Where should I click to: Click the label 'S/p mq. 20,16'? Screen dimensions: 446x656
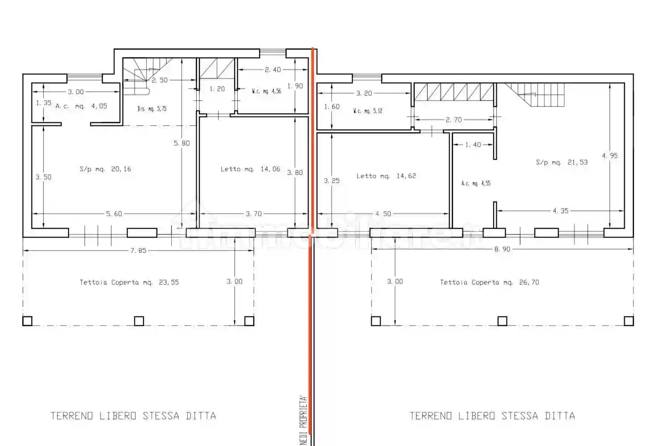[105, 169]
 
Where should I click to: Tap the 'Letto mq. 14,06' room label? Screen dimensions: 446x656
[250, 169]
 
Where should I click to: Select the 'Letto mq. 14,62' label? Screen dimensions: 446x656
[386, 176]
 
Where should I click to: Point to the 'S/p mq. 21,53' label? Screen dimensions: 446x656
[561, 162]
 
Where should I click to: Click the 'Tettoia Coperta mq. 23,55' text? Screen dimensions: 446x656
[129, 282]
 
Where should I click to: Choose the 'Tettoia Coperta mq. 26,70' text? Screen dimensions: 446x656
[489, 282]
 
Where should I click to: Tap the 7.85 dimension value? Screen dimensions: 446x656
[138, 251]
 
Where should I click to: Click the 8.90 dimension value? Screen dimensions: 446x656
[502, 249]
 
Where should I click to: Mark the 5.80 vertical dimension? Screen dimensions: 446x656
[182, 143]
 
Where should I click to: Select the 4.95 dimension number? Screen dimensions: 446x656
[610, 156]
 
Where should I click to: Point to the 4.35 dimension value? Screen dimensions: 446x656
[561, 211]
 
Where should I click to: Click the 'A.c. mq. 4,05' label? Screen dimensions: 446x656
[81, 106]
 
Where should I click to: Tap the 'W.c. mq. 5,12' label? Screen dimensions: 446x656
[367, 111]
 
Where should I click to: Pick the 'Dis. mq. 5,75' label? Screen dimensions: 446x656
[152, 109]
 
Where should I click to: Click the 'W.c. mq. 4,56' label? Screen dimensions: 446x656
[266, 91]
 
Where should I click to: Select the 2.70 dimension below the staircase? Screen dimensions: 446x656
[454, 120]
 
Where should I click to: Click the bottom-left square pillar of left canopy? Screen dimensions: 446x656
[27, 321]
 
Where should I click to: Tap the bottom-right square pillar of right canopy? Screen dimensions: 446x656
[628, 321]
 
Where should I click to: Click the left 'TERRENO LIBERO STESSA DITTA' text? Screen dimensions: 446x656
[133, 416]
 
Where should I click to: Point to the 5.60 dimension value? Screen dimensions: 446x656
[114, 214]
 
